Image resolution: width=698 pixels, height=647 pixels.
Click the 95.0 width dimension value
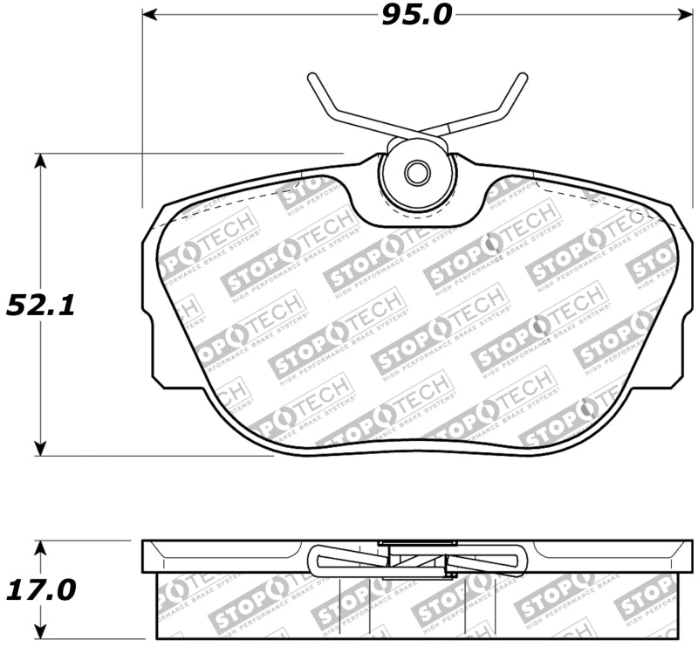(416, 15)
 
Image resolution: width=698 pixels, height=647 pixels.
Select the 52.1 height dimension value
(40, 305)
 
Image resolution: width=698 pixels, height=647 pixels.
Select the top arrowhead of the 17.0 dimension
(40, 547)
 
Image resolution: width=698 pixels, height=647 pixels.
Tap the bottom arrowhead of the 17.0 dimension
(40, 633)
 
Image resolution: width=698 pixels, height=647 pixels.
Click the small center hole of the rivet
(417, 174)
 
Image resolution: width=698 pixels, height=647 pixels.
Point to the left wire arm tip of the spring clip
(311, 77)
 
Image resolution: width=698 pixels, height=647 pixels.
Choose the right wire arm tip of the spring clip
(523, 77)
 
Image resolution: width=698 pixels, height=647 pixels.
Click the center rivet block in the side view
(417, 560)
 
